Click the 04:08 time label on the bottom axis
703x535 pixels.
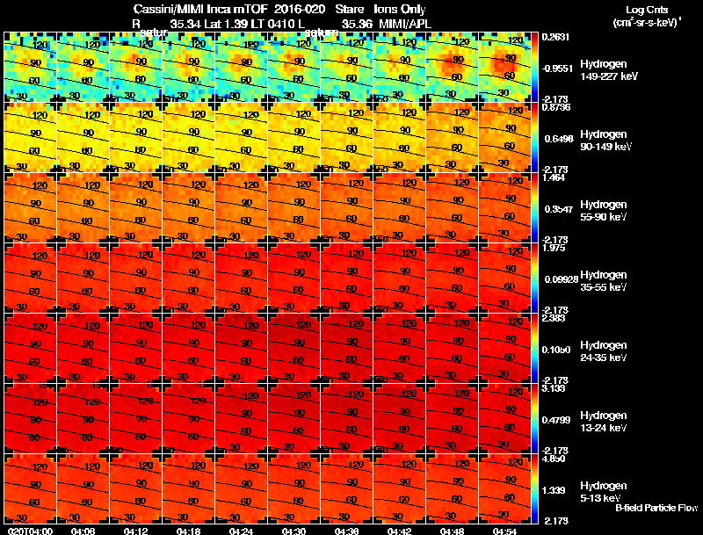click(83, 531)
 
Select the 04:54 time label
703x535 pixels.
click(504, 531)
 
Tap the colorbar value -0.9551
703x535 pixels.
click(558, 68)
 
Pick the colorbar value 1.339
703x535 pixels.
click(554, 489)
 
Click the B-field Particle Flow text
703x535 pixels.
click(656, 508)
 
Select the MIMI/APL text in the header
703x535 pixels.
click(406, 23)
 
